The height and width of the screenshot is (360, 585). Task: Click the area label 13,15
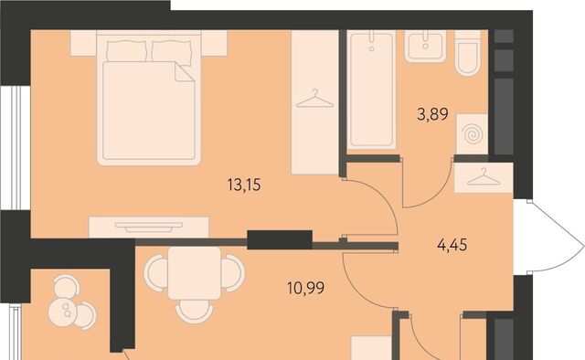(244, 185)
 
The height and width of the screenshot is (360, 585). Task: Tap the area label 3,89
(432, 114)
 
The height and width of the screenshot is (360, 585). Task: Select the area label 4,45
(452, 246)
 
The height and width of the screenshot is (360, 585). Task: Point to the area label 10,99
(306, 288)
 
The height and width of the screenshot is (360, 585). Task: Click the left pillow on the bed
(126, 51)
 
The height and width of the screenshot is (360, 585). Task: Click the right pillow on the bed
(172, 51)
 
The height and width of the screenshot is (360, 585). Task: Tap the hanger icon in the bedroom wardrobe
(314, 99)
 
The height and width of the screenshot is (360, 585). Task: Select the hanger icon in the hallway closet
(484, 177)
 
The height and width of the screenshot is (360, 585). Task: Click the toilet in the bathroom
(468, 53)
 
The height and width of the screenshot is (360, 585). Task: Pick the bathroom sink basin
(426, 47)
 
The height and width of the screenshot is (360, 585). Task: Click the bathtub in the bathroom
(371, 90)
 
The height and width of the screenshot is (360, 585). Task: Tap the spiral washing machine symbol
(472, 134)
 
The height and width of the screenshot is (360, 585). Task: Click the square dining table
(194, 272)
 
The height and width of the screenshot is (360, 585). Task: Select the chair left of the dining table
(155, 272)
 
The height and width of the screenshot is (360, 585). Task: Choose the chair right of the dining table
(233, 272)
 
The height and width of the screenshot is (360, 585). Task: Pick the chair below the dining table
(194, 312)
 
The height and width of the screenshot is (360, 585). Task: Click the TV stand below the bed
(149, 227)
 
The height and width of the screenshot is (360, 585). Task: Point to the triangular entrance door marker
(549, 238)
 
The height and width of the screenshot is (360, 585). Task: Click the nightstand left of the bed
(83, 43)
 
